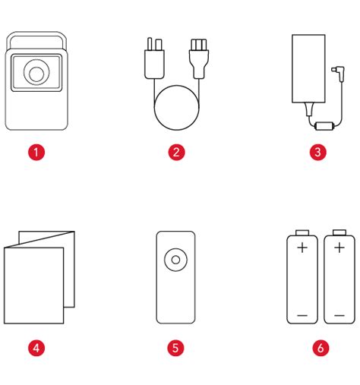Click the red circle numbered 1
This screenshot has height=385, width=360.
tap(36, 152)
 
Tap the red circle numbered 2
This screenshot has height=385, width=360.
tap(176, 152)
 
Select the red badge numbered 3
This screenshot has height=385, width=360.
tap(318, 152)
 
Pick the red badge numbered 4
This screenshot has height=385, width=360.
tap(36, 348)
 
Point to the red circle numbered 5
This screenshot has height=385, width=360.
tap(175, 348)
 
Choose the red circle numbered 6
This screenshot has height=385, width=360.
tap(321, 348)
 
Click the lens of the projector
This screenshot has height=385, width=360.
tap(36, 73)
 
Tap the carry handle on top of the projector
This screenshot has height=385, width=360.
tap(36, 34)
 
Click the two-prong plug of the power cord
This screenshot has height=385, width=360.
tap(154, 58)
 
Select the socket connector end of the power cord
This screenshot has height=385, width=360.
tap(199, 58)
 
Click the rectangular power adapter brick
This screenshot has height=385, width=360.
tap(308, 68)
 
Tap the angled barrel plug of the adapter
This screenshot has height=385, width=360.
tap(339, 73)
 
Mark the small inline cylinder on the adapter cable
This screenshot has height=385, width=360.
tap(324, 126)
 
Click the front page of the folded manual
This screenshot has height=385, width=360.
tap(33, 286)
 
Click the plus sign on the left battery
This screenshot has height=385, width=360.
tap(302, 248)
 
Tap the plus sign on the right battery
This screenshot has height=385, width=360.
tap(339, 248)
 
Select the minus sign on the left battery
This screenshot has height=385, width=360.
tap(302, 315)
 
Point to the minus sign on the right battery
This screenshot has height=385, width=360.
tap(339, 315)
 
